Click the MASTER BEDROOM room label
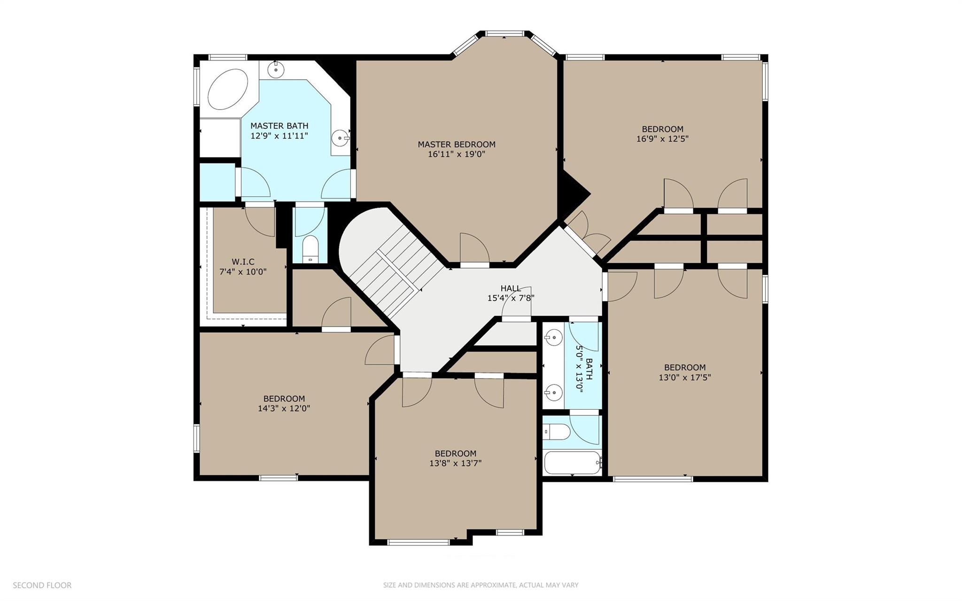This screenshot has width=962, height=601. [x=457, y=144]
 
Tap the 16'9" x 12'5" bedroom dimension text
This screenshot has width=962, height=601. [x=662, y=139]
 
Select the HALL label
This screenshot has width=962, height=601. [x=511, y=288]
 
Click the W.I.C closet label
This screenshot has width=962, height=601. [x=243, y=262]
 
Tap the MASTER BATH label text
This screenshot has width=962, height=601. [x=279, y=125]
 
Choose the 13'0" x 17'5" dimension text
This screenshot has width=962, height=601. [x=684, y=377]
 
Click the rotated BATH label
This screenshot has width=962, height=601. [x=589, y=369]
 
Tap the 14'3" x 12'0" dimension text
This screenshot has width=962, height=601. [x=284, y=408]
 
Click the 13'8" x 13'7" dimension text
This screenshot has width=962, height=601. [x=455, y=463]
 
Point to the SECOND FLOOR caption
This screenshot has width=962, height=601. [x=42, y=585]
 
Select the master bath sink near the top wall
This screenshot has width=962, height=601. [x=276, y=70]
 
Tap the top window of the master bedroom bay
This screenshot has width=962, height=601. [x=504, y=33]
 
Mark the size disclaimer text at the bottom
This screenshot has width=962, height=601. [x=481, y=585]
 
